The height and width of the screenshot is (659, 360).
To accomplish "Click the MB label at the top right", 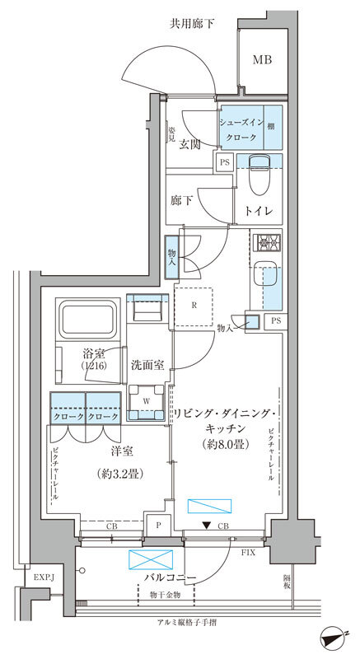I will (x=262, y=59).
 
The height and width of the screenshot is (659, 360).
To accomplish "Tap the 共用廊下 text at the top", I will (x=192, y=23).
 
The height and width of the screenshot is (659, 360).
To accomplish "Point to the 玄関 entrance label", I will (x=190, y=144).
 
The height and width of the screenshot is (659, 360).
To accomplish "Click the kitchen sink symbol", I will (x=266, y=277).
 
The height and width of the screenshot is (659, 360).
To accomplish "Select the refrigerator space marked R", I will (x=194, y=307).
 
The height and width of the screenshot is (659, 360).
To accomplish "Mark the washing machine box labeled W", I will (x=147, y=403).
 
